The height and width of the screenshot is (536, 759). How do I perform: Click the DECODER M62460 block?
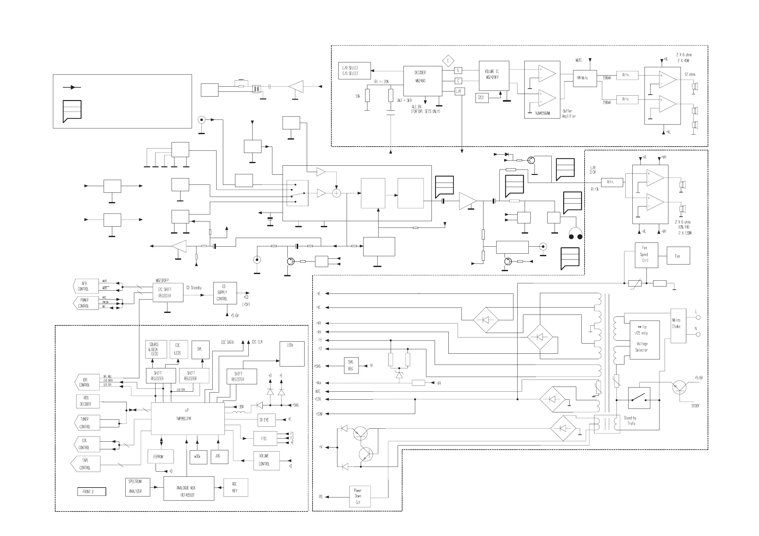tap(422, 81)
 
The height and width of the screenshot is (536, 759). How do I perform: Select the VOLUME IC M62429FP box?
tap(494, 76)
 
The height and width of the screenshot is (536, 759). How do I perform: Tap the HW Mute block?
tap(585, 78)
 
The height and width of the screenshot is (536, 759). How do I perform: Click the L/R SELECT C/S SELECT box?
tap(354, 71)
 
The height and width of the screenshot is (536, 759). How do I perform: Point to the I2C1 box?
tap(482, 98)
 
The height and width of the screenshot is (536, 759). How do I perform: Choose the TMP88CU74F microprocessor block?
tap(188, 418)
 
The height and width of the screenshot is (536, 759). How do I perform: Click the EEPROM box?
tap(161, 456)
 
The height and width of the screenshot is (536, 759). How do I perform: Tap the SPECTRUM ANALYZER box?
tap(137, 487)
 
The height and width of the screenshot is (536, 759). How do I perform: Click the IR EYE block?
tap(266, 420)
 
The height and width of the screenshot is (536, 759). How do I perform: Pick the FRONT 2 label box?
tap(92, 492)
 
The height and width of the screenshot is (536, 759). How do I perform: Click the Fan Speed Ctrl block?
tap(646, 255)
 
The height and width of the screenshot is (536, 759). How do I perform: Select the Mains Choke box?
tap(678, 326)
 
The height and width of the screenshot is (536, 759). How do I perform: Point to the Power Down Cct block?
tap(360, 496)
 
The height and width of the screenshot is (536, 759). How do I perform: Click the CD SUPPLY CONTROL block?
tap(225, 293)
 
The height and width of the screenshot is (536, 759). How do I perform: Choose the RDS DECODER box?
tap(88, 401)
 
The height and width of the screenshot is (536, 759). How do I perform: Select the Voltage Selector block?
tap(644, 340)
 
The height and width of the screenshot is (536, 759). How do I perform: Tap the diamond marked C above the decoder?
tap(448, 61)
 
